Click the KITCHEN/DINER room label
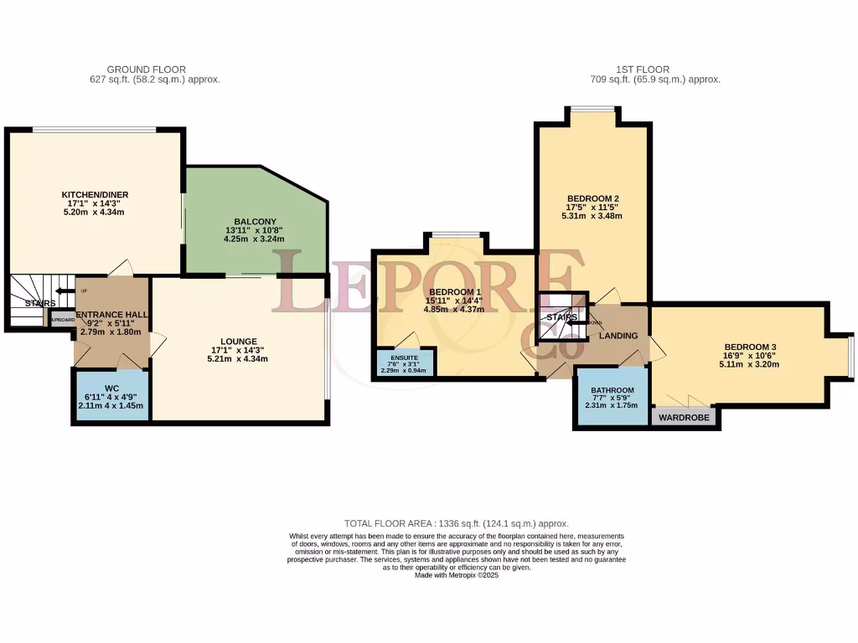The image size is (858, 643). [95, 195]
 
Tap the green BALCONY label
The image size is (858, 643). [249, 221]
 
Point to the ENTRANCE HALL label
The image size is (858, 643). [112, 315]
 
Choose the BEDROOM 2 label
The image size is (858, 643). [592, 198]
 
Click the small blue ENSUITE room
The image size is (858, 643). [405, 362]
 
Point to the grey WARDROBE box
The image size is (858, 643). [685, 417]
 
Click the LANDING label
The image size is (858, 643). [618, 336]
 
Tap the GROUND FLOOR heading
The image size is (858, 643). [147, 69]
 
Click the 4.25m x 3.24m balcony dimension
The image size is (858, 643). [249, 239]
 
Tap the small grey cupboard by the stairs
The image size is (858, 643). [63, 320]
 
